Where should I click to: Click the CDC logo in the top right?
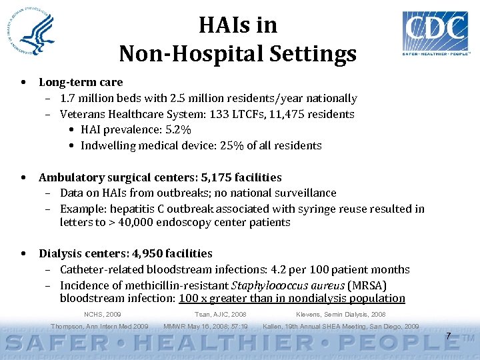[x=435, y=34]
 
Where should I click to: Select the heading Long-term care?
[x=81, y=83]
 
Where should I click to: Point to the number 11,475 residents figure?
[x=312, y=114]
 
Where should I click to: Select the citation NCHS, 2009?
[x=103, y=314]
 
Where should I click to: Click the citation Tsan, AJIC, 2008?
[x=220, y=314]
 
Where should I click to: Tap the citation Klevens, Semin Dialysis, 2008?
[x=340, y=314]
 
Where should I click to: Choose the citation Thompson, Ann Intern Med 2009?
[x=99, y=327]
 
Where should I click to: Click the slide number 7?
[x=449, y=335]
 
